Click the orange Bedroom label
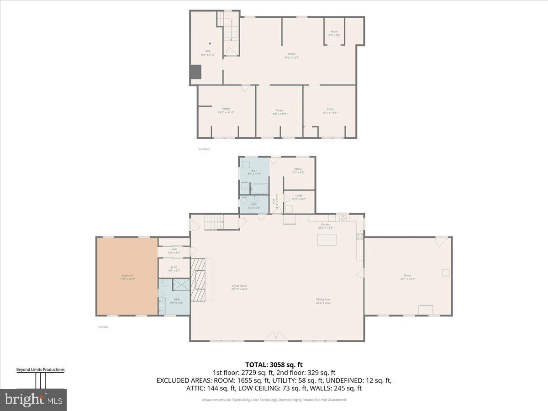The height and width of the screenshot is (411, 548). coord(127,277)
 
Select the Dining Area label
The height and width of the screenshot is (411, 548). coord(323,301)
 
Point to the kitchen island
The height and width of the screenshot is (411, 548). coord(327,240)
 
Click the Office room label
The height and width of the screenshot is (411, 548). coord(298,170)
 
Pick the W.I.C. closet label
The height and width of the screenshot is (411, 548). coord(174,269)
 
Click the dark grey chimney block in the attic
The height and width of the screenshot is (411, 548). coord(195,72)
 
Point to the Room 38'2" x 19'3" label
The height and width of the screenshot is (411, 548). coord(291,56)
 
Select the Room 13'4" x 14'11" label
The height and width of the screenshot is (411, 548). coord(279,111)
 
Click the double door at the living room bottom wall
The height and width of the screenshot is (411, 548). coord(277,337)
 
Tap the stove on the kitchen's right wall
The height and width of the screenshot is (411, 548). coord(360,237)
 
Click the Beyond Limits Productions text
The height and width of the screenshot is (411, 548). coord(40,370)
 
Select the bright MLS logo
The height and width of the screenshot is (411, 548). coord(33,400)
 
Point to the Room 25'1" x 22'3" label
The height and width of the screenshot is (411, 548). coord(407,277)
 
